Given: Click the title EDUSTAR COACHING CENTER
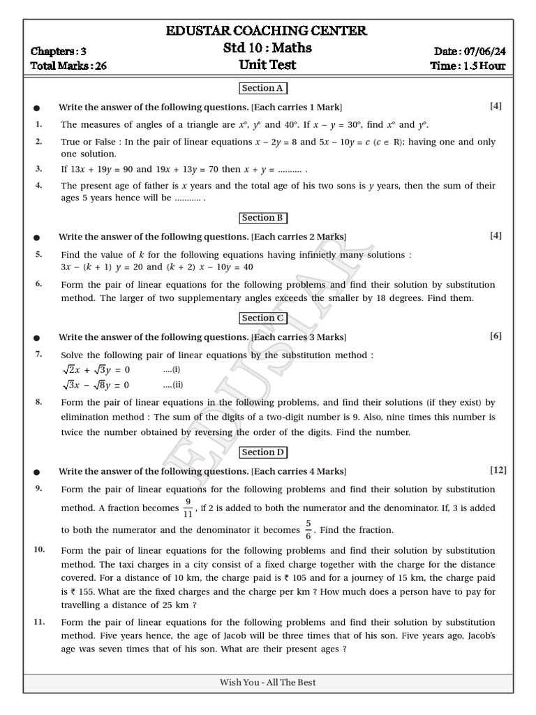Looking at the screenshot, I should click(x=267, y=31).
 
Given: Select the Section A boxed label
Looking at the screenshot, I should click(x=262, y=89).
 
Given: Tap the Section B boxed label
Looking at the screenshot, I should click(x=262, y=218).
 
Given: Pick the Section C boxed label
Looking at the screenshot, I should click(x=262, y=318).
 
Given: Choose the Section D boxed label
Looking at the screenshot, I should click(x=262, y=452).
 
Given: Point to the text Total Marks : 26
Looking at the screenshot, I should click(x=68, y=66).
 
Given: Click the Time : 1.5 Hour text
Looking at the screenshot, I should click(x=468, y=66).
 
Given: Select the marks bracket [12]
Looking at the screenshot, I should click(x=498, y=470).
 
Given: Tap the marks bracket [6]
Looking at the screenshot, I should click(x=496, y=336).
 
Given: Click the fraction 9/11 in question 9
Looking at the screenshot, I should click(x=188, y=509).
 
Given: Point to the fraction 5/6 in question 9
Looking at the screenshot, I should click(x=309, y=530).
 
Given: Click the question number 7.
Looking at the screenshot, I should click(x=39, y=354).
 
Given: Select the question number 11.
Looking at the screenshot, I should click(x=40, y=621).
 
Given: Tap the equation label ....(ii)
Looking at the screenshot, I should click(x=174, y=385).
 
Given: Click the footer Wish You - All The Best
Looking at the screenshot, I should click(x=268, y=682).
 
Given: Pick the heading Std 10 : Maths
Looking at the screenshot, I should click(x=267, y=48).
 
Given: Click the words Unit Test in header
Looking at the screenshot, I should click(x=268, y=66).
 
